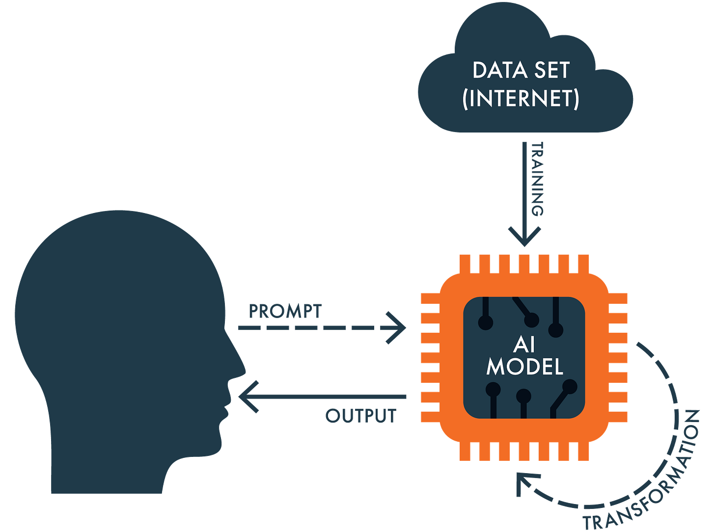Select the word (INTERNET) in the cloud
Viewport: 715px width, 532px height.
[521, 99]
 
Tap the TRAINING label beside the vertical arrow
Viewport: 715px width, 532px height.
[537, 179]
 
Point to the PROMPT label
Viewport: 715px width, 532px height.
[285, 311]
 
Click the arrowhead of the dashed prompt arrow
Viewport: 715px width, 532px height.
[399, 327]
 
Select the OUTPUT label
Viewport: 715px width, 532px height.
[360, 416]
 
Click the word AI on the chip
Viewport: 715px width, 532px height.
[524, 345]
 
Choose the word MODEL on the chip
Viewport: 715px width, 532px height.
[524, 367]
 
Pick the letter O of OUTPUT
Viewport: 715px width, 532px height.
[332, 416]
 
